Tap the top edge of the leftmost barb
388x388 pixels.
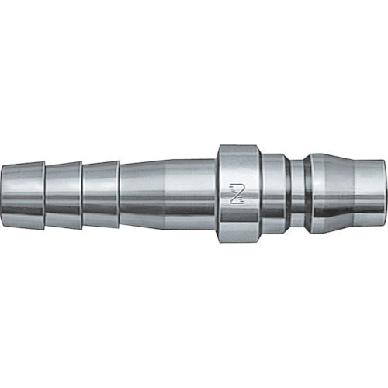click(24, 165)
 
